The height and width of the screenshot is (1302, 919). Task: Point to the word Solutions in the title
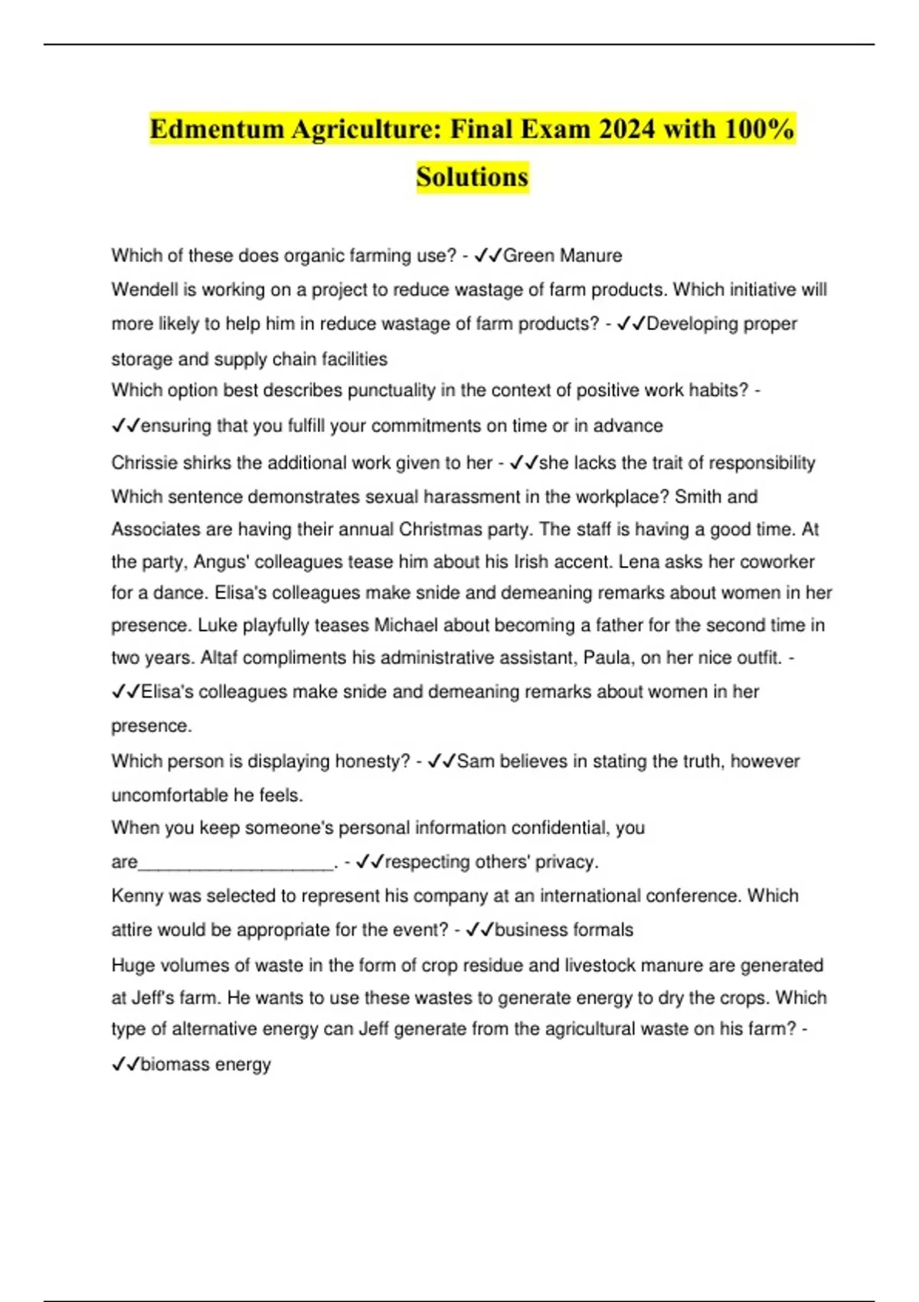point(473,177)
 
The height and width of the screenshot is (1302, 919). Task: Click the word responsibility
point(759,463)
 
